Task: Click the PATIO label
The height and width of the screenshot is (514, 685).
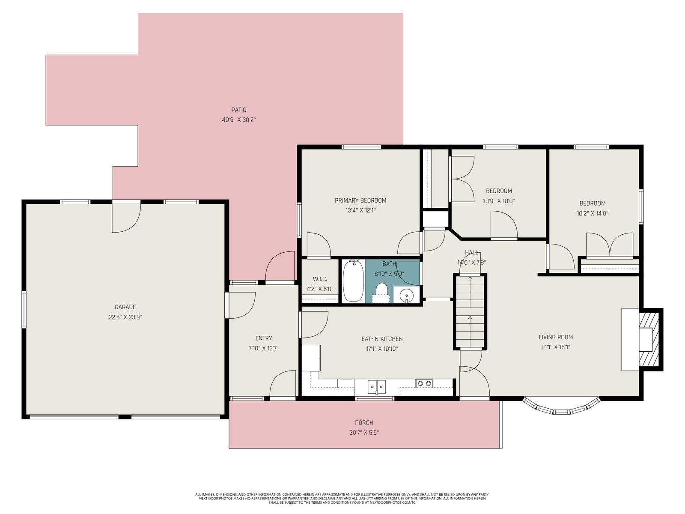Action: pos(239,110)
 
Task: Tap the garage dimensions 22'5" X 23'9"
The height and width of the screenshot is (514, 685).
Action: pos(125,317)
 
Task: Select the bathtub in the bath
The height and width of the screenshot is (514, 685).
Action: pos(353,281)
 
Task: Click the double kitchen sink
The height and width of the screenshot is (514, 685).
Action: pos(377,387)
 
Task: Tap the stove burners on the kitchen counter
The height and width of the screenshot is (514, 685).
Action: pos(424,383)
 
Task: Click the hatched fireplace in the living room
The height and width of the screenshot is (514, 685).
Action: pos(649,340)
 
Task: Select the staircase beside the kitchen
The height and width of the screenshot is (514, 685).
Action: pos(470,312)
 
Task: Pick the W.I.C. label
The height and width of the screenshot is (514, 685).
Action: pos(320,279)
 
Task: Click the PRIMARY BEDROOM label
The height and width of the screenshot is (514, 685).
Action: pos(360,200)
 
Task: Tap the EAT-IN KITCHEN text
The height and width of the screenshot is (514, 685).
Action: pos(382,339)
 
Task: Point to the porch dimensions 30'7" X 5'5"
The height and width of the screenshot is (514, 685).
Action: pos(364,433)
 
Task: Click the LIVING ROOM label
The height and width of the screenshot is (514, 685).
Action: pos(556,337)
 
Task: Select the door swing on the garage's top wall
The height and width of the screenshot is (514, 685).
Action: pos(126,218)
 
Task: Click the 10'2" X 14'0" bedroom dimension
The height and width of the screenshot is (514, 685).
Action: pos(593,213)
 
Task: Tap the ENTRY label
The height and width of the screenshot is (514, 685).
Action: pos(264,338)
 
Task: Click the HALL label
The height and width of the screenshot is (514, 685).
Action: pos(471,252)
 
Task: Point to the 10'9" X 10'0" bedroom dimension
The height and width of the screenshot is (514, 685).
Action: pos(499,201)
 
